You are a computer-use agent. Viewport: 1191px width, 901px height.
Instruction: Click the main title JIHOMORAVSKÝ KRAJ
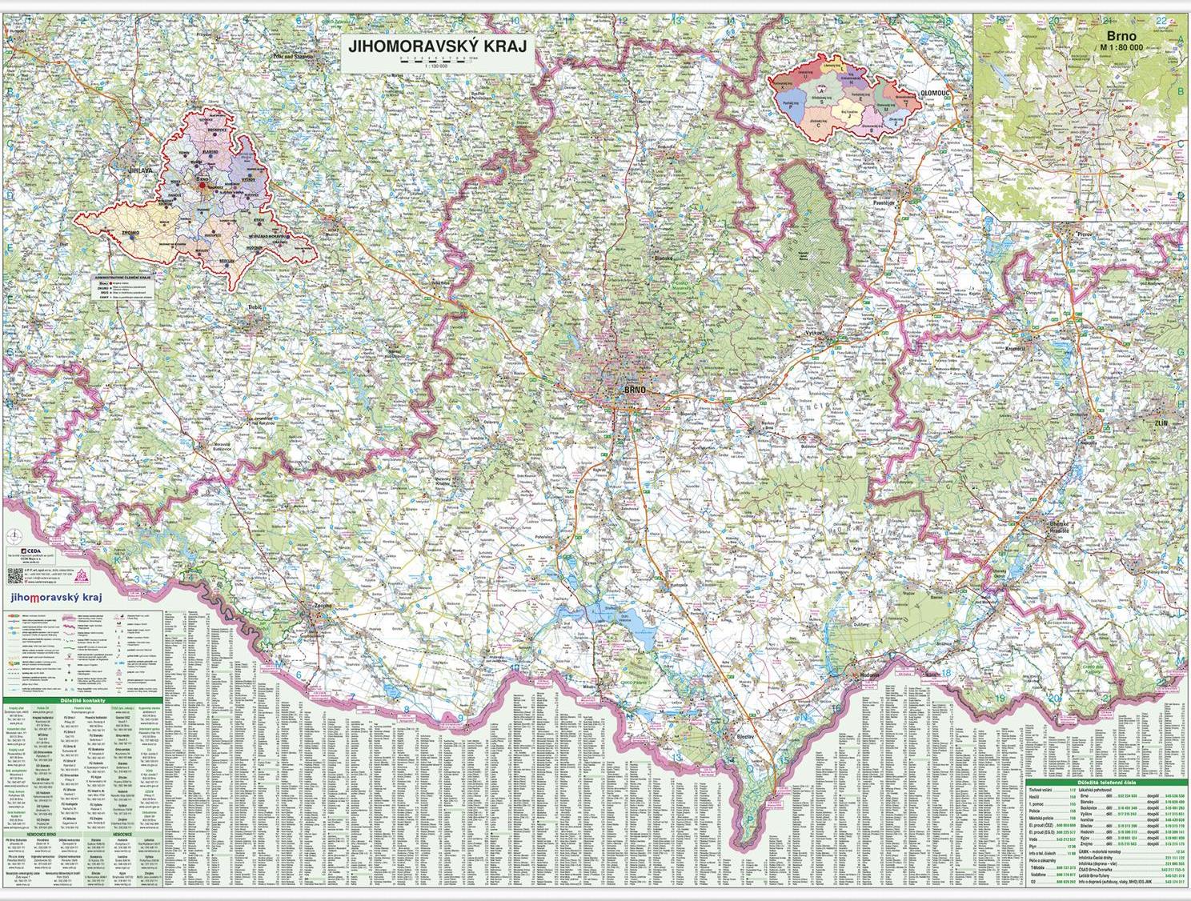[437, 46]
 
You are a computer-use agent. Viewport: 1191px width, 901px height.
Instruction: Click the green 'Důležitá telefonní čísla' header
[1105, 781]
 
